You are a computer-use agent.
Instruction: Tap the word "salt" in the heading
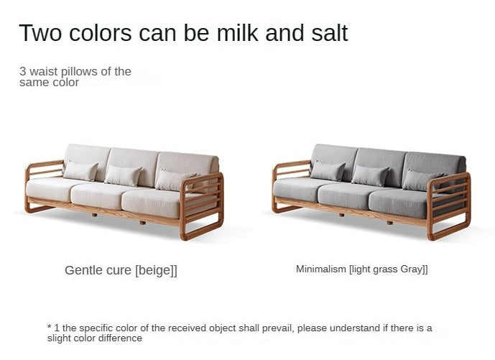(330, 32)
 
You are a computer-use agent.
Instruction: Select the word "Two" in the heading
(40, 32)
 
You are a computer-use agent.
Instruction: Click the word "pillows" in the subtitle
(79, 72)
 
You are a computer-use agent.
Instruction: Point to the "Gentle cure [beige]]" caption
(121, 271)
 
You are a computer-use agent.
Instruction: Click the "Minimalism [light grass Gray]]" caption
(362, 269)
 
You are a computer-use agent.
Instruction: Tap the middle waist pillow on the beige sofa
(123, 175)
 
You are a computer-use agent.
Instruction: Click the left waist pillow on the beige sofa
(80, 171)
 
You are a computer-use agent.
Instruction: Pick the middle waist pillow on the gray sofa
(370, 175)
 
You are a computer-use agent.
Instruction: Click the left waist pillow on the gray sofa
(328, 171)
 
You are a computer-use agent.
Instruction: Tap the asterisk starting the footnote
(50, 326)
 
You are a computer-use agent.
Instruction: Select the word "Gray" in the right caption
(412, 269)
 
